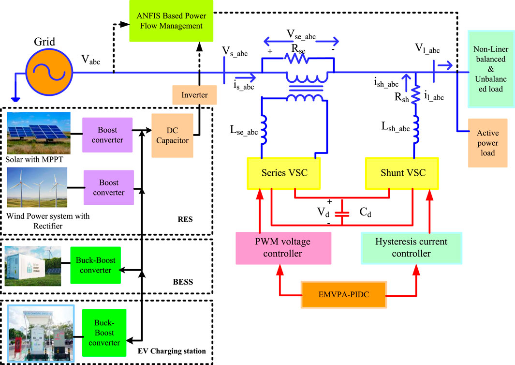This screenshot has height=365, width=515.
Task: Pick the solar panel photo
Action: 39,133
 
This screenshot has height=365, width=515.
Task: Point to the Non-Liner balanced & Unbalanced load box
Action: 490,75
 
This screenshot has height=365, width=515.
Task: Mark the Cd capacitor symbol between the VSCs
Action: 342,213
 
